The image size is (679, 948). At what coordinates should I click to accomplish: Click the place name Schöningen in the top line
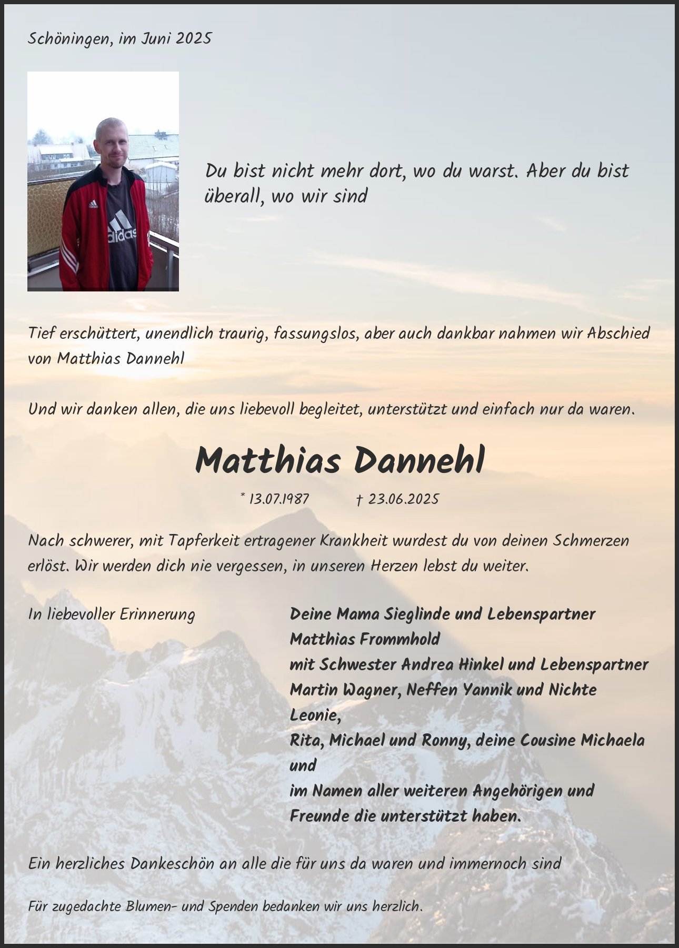pos(68,39)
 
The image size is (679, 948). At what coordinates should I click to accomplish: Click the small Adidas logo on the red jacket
pos(93,204)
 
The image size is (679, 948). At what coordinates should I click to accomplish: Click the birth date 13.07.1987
pos(278,499)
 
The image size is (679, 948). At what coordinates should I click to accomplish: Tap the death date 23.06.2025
pos(403,499)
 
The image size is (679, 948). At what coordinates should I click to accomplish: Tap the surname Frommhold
pos(401,639)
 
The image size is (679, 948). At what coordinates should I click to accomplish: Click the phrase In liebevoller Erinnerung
pos(112,614)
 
